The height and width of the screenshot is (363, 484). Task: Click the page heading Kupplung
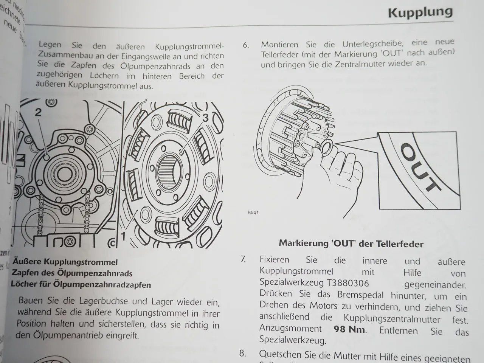tap(420, 12)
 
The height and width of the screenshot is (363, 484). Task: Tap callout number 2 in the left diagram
tap(38, 112)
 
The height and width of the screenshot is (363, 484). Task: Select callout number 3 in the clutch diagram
tap(205, 118)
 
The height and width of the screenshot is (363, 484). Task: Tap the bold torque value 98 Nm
tap(350, 329)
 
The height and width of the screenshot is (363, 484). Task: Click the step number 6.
tap(246, 45)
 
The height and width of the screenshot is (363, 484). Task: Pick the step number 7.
tap(244, 259)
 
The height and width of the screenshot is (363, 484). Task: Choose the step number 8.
tap(243, 354)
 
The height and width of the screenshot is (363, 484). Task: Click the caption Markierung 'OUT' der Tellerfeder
tap(351, 244)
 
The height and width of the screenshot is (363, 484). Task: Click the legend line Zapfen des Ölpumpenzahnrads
tap(72, 273)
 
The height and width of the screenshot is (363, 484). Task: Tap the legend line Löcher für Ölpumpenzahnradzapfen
tap(81, 284)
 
